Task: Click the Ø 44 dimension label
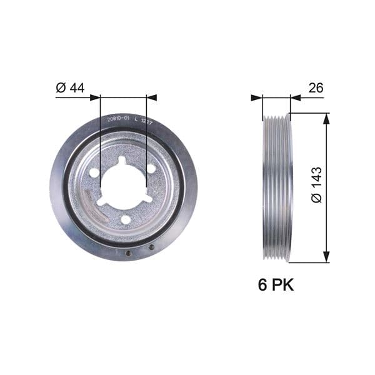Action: coord(70,88)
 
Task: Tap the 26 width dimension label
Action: coord(316,88)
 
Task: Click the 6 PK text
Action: coord(276,285)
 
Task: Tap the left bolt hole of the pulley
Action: coord(94,172)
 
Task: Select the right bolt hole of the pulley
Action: coord(151,168)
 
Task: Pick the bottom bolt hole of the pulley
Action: coord(126,219)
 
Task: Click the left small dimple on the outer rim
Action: coord(127,254)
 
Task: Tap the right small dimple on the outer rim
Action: coord(151,247)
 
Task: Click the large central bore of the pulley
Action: coord(123,187)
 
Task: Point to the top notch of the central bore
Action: coord(122,161)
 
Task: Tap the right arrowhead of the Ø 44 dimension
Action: coord(152,97)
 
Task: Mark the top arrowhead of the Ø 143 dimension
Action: coord(326,119)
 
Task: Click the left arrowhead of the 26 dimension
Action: coord(256,97)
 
